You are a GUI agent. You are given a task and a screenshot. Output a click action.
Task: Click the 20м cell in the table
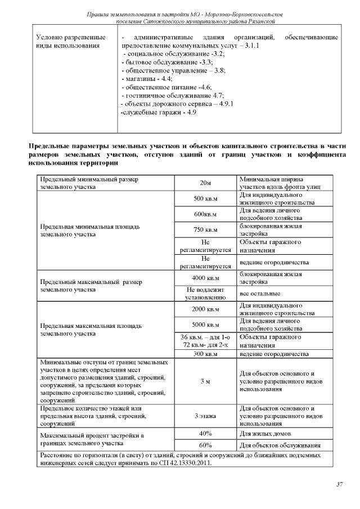click(x=205, y=183)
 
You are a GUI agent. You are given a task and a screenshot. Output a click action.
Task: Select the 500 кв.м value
click(x=205, y=199)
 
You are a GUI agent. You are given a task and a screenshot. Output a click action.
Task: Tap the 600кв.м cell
click(x=205, y=214)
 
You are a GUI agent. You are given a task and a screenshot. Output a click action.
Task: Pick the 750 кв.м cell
click(x=205, y=229)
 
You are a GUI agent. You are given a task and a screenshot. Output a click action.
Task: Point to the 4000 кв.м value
click(x=205, y=277)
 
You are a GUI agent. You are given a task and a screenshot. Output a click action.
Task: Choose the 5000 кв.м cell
click(x=205, y=325)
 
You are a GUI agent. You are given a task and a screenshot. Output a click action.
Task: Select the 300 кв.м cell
click(x=205, y=354)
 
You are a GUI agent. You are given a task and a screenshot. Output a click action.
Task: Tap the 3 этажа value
click(x=205, y=416)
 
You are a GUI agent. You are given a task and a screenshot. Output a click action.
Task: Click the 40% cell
click(x=205, y=433)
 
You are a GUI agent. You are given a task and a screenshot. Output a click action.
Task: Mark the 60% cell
click(x=205, y=445)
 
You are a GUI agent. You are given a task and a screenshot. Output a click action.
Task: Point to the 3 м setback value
click(x=205, y=381)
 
